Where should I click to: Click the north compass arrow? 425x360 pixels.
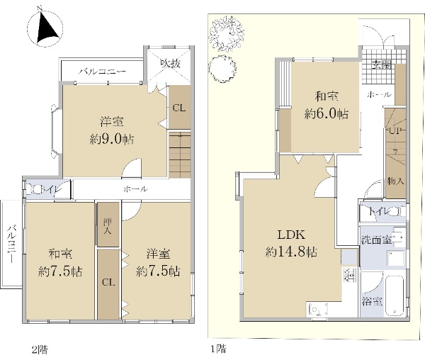(47, 28)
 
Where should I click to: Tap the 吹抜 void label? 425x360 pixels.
(170, 64)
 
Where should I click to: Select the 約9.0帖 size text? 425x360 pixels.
(112, 140)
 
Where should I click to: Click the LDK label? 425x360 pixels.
(291, 235)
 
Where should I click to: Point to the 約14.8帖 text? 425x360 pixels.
(291, 252)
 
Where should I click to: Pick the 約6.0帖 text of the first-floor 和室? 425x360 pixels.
(327, 114)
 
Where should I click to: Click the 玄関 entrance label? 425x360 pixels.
(382, 64)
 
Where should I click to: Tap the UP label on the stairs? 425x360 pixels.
(395, 130)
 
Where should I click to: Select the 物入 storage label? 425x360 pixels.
(396, 181)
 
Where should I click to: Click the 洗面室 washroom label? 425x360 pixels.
(376, 240)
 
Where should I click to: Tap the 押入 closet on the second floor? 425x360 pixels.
(108, 225)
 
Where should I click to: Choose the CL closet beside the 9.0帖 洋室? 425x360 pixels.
(179, 107)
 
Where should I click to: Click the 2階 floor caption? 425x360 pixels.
(40, 349)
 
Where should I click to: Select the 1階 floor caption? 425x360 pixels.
(218, 349)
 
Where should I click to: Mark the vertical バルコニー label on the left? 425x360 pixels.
(11, 244)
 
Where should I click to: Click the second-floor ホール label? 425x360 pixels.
(136, 189)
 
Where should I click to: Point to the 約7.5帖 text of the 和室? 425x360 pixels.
(60, 271)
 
